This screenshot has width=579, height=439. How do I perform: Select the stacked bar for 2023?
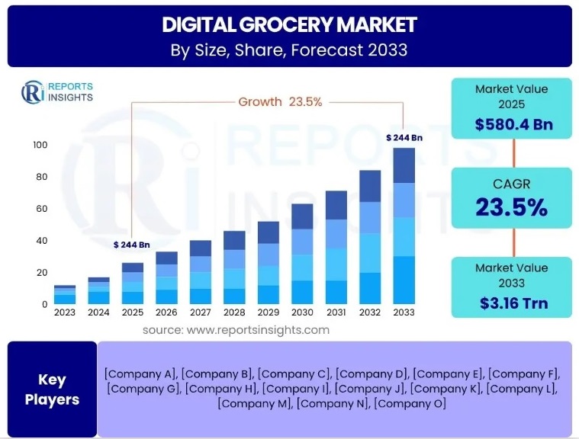coord(64,295)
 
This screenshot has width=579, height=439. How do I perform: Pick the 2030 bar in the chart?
coord(302,254)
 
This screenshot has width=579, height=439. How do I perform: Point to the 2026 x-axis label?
coord(166,312)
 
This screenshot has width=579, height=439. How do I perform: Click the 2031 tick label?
coord(336,312)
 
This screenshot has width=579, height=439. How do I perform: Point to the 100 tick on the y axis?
coord(40,145)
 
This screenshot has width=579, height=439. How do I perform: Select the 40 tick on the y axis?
coord(41,241)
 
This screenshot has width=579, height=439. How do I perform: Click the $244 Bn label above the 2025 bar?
coord(130,245)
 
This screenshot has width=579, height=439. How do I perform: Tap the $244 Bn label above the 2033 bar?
coord(404,137)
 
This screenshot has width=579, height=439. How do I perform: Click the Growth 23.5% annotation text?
coord(270,101)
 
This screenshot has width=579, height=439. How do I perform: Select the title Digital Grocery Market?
coord(289,25)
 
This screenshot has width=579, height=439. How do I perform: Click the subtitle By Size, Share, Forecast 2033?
coord(289,51)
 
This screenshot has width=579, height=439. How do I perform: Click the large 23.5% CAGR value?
coord(511,207)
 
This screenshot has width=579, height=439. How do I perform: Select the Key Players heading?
coord(52,389)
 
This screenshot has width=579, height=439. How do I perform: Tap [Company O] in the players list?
coord(409,403)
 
